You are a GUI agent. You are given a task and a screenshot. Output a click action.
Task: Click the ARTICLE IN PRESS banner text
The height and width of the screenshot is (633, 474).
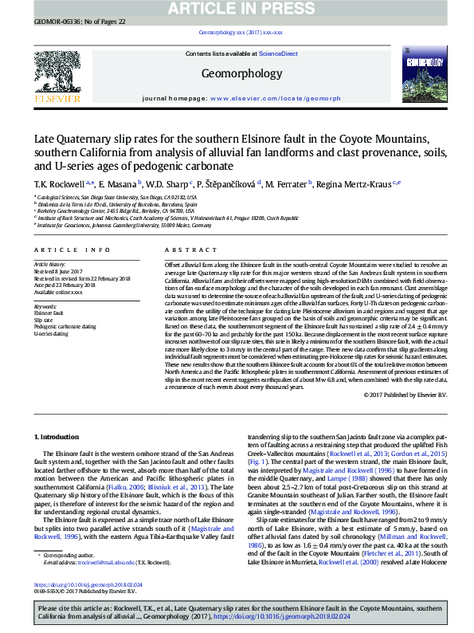pos(237,9)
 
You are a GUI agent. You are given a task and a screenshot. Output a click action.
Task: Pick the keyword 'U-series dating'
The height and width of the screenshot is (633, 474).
pos(49,333)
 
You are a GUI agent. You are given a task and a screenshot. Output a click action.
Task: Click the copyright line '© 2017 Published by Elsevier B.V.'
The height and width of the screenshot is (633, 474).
pos(405,395)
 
